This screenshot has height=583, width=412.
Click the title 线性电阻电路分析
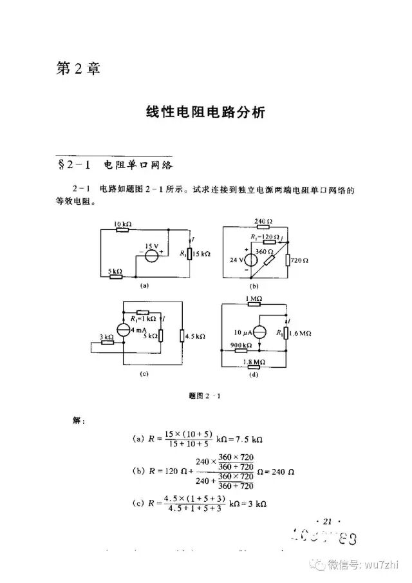(x=205, y=112)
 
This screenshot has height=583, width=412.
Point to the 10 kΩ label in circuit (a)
(x=122, y=224)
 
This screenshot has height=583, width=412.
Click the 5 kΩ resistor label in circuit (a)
(x=115, y=271)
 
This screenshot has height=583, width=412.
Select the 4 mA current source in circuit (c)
(x=124, y=329)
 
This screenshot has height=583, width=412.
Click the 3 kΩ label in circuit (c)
(x=107, y=336)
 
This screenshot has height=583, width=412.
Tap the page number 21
(x=324, y=521)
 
